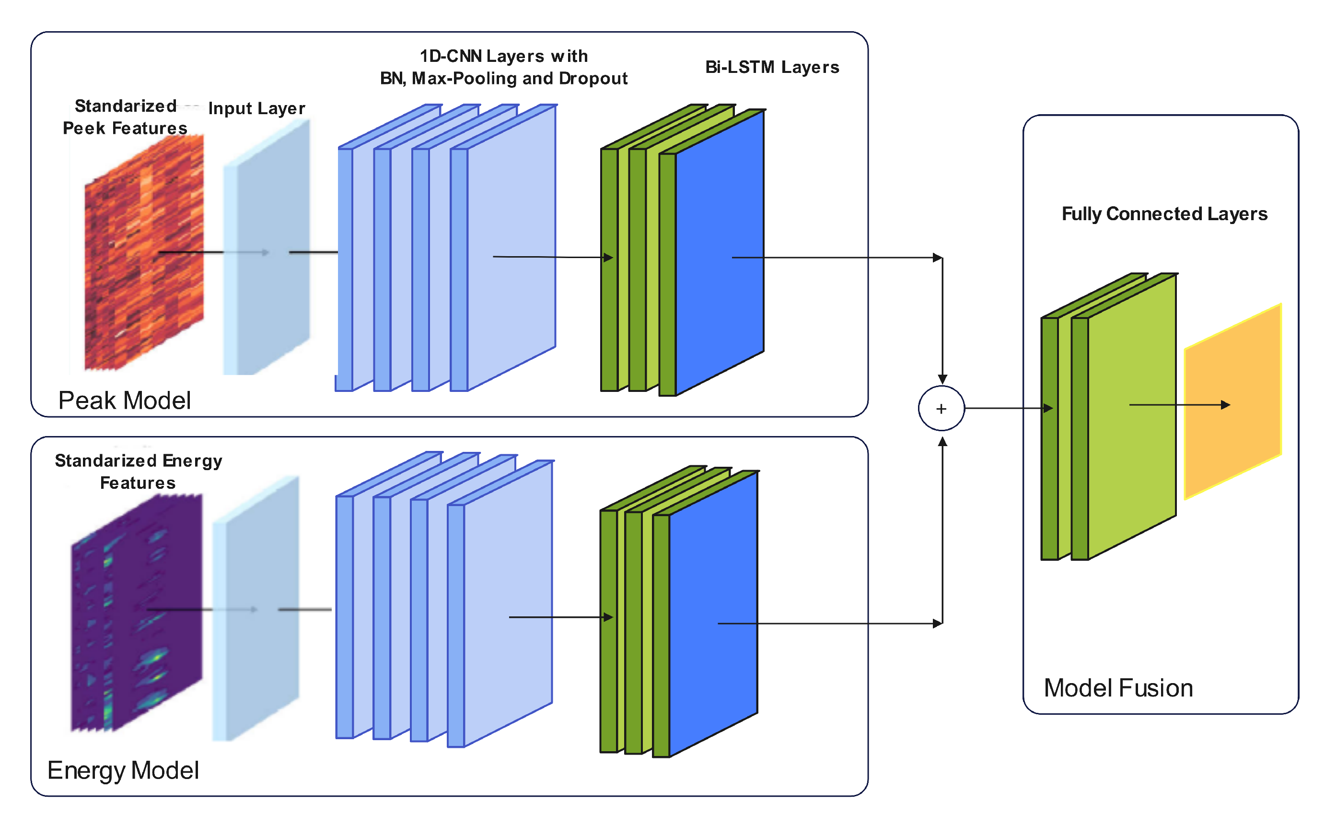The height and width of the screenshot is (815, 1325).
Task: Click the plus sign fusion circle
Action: pyautogui.click(x=941, y=409)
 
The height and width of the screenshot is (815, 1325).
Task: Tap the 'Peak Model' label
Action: pyautogui.click(x=125, y=401)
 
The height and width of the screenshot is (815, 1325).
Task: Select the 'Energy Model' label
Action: pyautogui.click(x=123, y=770)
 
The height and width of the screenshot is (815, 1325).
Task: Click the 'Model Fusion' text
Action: pyautogui.click(x=1118, y=688)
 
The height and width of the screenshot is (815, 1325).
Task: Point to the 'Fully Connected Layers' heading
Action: pyautogui.click(x=1164, y=214)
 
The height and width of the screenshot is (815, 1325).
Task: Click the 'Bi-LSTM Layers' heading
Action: pyautogui.click(x=772, y=67)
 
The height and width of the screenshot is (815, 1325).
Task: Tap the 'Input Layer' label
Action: pyautogui.click(x=256, y=108)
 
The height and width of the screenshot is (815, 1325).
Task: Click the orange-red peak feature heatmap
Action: pyautogui.click(x=144, y=253)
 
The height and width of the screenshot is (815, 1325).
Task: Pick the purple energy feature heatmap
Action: pyautogui.click(x=137, y=612)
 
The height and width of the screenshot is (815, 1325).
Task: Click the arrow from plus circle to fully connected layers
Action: pyautogui.click(x=1007, y=408)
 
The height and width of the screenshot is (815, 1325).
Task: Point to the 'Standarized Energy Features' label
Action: pyautogui.click(x=139, y=472)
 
